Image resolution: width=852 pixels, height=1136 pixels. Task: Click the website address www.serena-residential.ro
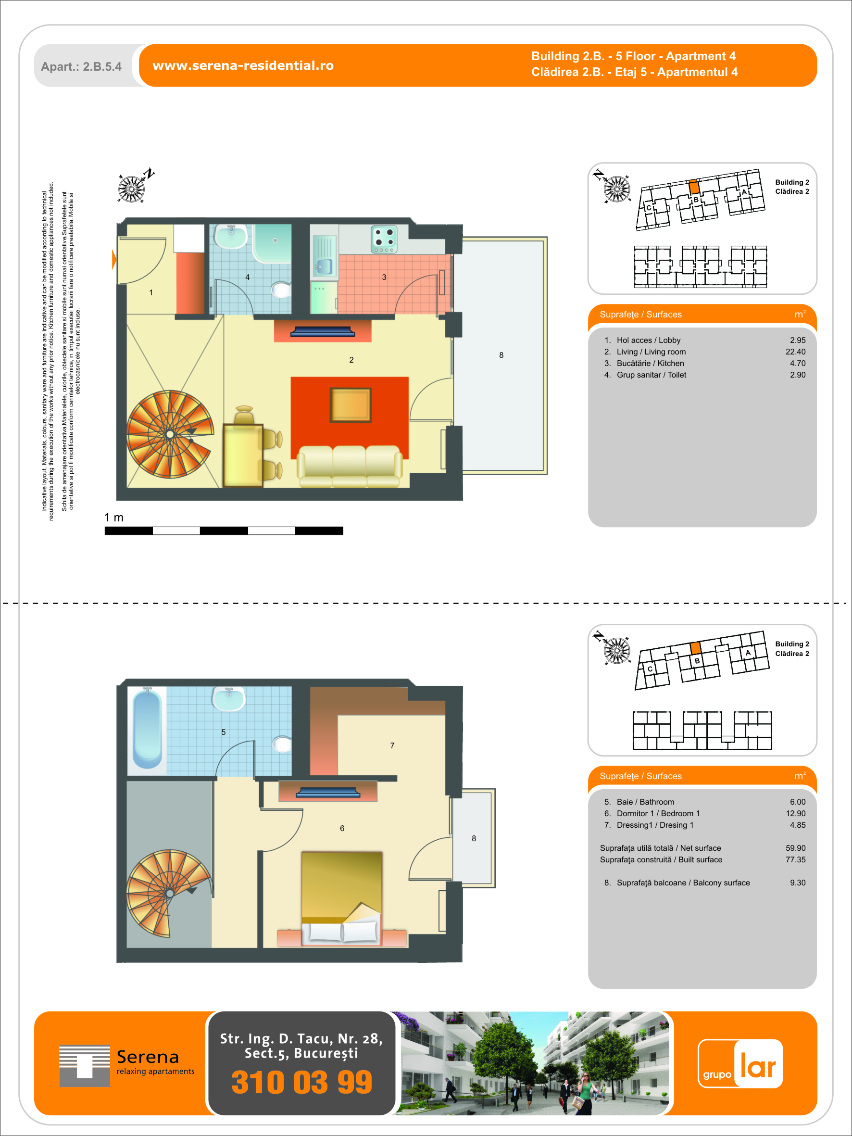point(243,66)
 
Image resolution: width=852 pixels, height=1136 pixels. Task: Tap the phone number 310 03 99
point(301,1082)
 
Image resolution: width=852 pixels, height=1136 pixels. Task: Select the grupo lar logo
point(740,1063)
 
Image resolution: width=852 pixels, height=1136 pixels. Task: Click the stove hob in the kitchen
point(384,240)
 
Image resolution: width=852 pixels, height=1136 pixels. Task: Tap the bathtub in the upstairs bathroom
point(148,728)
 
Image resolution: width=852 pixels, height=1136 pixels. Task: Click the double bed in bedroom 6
point(342,899)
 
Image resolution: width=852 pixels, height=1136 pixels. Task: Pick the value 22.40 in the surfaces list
point(796,352)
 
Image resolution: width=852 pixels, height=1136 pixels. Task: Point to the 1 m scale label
point(114,517)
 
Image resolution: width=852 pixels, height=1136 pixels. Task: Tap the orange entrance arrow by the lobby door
point(114,259)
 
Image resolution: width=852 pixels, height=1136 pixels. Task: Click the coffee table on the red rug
point(350,404)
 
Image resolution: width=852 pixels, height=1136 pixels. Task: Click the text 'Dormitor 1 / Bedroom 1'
point(658,813)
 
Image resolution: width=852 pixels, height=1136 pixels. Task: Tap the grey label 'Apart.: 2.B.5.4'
point(81,67)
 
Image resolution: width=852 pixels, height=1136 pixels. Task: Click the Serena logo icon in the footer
point(85,1066)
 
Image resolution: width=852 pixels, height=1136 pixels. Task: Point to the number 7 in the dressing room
point(392,745)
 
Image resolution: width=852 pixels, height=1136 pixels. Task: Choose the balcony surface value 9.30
point(798,883)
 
